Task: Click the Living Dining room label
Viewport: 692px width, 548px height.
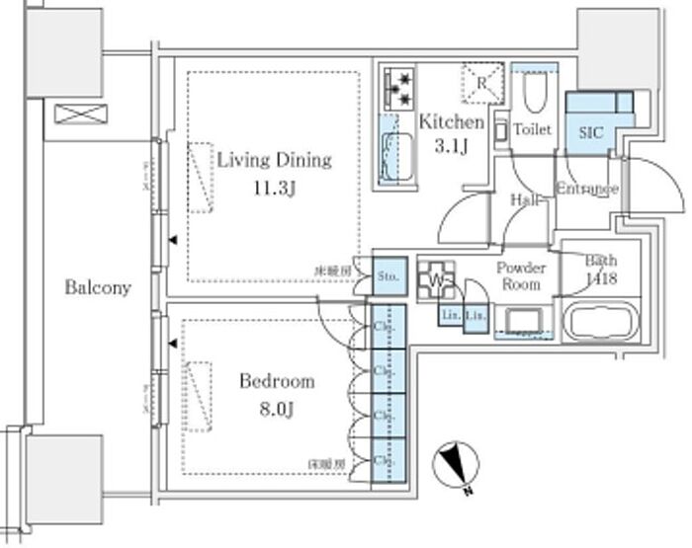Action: (x=274, y=160)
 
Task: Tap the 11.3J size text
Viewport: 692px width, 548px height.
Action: (x=274, y=190)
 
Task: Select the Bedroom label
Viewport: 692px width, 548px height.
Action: (x=277, y=380)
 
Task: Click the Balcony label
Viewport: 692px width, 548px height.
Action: (x=98, y=288)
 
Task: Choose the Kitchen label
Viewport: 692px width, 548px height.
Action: (x=452, y=122)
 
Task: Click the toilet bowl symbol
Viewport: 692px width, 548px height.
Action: (x=534, y=94)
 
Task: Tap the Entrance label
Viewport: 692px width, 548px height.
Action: (x=586, y=189)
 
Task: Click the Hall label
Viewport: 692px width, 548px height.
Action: (x=524, y=200)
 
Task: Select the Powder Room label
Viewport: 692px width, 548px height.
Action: (x=520, y=275)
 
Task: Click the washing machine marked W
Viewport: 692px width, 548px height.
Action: (x=436, y=280)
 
